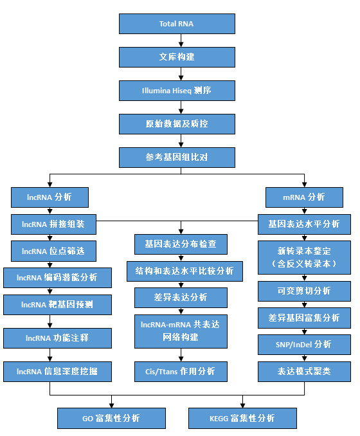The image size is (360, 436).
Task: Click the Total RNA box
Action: point(177,24)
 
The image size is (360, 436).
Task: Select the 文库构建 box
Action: point(177,57)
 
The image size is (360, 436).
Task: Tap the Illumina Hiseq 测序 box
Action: point(177,91)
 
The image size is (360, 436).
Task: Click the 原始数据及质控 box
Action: point(177,124)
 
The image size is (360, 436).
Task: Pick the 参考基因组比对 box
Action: point(177,158)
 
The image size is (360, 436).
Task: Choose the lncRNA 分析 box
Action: point(50,197)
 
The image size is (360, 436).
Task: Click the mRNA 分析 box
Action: point(304,197)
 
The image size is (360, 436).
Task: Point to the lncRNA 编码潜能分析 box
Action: point(57,278)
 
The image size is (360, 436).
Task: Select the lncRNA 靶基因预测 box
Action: point(57,305)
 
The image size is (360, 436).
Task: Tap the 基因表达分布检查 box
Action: point(181,244)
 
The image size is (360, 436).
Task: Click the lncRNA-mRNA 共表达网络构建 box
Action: point(181,331)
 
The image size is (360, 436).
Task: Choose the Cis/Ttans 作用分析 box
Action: point(181,372)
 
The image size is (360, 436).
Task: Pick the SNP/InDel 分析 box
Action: point(304,345)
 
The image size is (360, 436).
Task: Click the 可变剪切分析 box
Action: point(304,291)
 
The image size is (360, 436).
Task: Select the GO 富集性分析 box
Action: point(111,418)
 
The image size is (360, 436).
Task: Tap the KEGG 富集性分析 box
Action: point(242,418)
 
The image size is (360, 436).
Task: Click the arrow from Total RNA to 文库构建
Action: point(181,41)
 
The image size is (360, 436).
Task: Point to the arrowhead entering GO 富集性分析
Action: point(111,405)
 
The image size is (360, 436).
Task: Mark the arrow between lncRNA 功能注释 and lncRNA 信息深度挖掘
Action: point(50,355)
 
